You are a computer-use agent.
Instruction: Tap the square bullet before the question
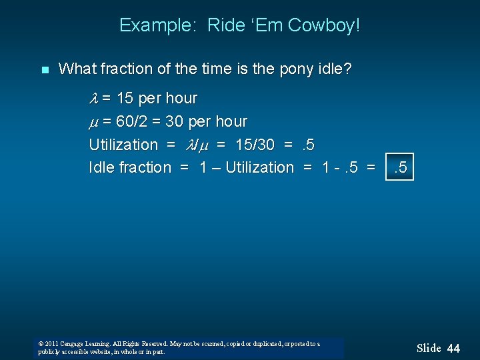45,69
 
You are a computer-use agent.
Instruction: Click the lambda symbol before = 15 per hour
94,99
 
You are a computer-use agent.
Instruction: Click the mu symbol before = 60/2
94,122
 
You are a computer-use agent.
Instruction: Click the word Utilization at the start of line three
123,145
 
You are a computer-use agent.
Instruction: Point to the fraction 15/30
257,145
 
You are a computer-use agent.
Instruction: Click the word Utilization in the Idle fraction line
259,167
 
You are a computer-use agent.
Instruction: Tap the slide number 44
453,348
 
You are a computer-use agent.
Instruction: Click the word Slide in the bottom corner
429,348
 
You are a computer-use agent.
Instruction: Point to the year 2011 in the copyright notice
53,344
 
